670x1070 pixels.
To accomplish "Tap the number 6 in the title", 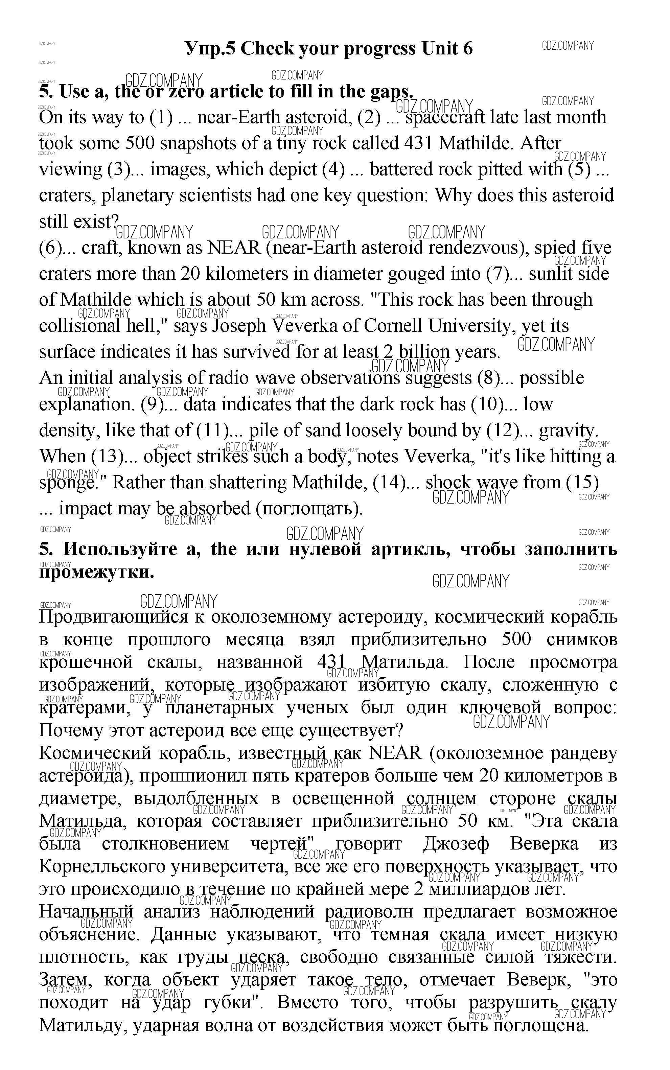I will [467, 48].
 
